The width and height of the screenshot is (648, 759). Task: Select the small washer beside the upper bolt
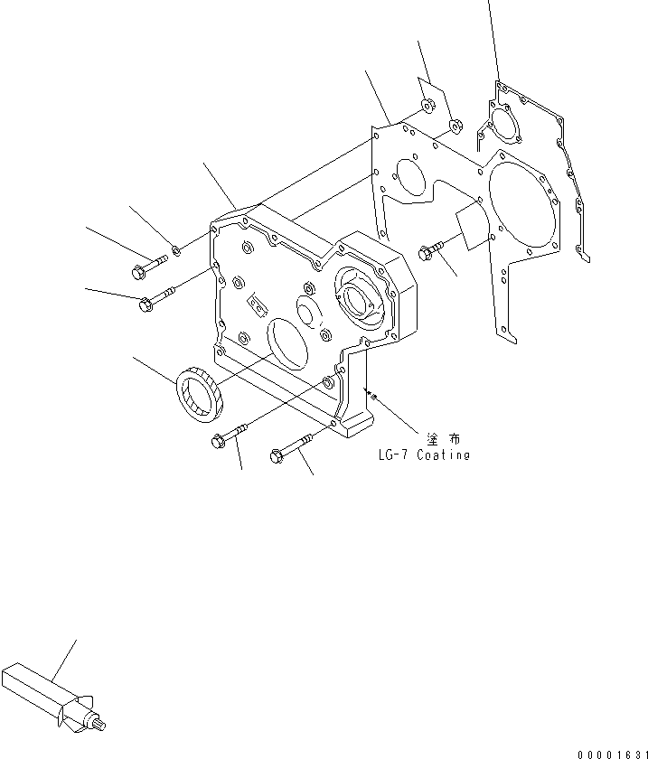[x=177, y=250]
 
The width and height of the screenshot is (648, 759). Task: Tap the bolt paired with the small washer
[x=147, y=267]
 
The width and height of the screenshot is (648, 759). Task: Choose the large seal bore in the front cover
[x=288, y=341]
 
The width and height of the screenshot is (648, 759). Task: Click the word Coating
[x=443, y=456]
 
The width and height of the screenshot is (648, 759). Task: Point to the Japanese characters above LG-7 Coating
[x=443, y=439]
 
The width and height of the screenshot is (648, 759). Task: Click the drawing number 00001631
[x=610, y=752]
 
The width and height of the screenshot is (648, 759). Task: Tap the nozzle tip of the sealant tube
[x=102, y=722]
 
